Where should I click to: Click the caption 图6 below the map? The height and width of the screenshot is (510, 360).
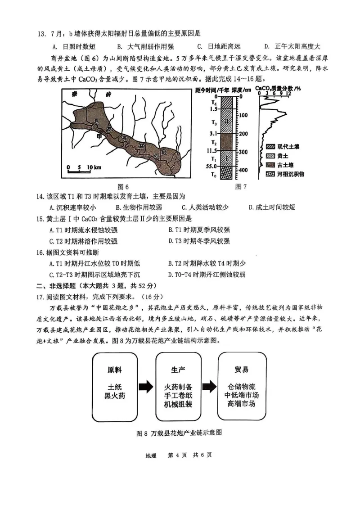point(123,187)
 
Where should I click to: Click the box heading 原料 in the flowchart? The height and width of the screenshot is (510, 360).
point(114,370)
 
